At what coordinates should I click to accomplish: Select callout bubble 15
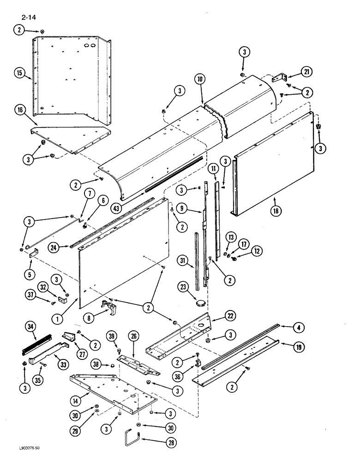[19, 73]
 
